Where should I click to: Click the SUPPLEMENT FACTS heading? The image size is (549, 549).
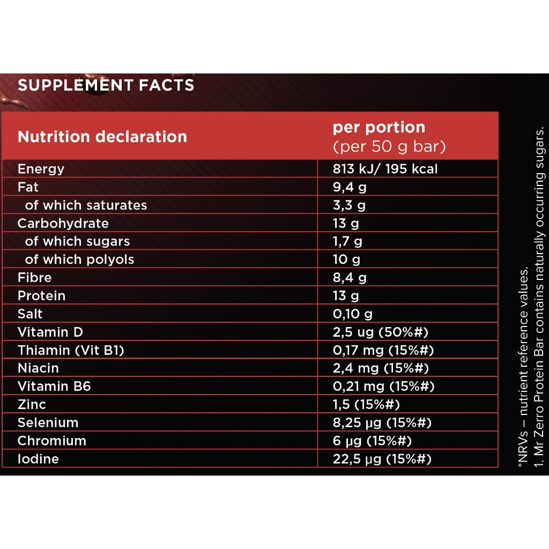pyautogui.click(x=106, y=85)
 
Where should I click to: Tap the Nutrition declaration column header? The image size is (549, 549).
pyautogui.click(x=102, y=137)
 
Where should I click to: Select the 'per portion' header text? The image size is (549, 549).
pyautogui.click(x=379, y=128)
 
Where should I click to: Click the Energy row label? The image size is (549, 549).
pyautogui.click(x=41, y=169)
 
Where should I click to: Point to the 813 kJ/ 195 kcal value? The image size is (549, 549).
pyautogui.click(x=385, y=169)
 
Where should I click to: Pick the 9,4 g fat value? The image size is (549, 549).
pyautogui.click(x=350, y=188)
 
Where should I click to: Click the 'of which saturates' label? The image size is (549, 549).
pyautogui.click(x=86, y=205)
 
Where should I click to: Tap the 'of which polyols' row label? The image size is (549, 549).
pyautogui.click(x=79, y=259)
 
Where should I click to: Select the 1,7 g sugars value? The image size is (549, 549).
pyautogui.click(x=347, y=242)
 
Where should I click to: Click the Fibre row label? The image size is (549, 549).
pyautogui.click(x=34, y=278)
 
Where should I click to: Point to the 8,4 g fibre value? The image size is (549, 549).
pyautogui.click(x=350, y=278)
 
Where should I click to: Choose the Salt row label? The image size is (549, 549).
pyautogui.click(x=30, y=314)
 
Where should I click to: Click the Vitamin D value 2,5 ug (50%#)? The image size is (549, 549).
pyautogui.click(x=380, y=332)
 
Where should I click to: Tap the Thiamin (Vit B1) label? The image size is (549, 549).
pyautogui.click(x=71, y=351)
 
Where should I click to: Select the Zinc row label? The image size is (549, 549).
pyautogui.click(x=32, y=405)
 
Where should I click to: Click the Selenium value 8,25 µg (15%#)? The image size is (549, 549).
pyautogui.click(x=382, y=423)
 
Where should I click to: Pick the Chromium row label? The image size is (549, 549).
pyautogui.click(x=51, y=441)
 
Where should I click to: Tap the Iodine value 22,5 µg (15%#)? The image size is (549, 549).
pyautogui.click(x=382, y=459)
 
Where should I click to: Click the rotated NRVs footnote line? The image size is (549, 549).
pyautogui.click(x=523, y=370)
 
